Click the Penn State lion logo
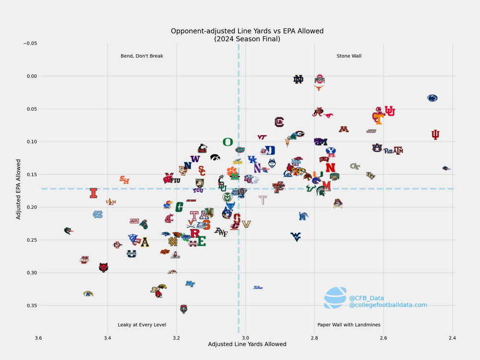pyautogui.click(x=432, y=98)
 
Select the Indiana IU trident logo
pyautogui.click(x=435, y=135)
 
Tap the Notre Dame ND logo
pyautogui.click(x=299, y=79)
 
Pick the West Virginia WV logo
pyautogui.click(x=296, y=236)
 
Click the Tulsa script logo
pyautogui.click(x=258, y=288)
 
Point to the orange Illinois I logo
pyautogui.click(x=94, y=193)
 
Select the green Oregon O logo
pyautogui.click(x=228, y=142)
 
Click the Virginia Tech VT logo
pyautogui.click(x=262, y=137)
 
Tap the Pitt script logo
pyautogui.click(x=388, y=151)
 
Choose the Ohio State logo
pyautogui.click(x=320, y=79)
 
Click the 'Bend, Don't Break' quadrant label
pyautogui.click(x=142, y=56)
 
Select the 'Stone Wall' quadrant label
pyautogui.click(x=349, y=56)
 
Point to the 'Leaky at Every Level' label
pyautogui.click(x=142, y=325)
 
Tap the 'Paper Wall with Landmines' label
pyautogui.click(x=349, y=325)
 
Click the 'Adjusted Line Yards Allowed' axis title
pyautogui.click(x=247, y=344)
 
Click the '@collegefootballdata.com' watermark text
pyautogui.click(x=388, y=305)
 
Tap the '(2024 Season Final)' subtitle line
pyautogui.click(x=247, y=39)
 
